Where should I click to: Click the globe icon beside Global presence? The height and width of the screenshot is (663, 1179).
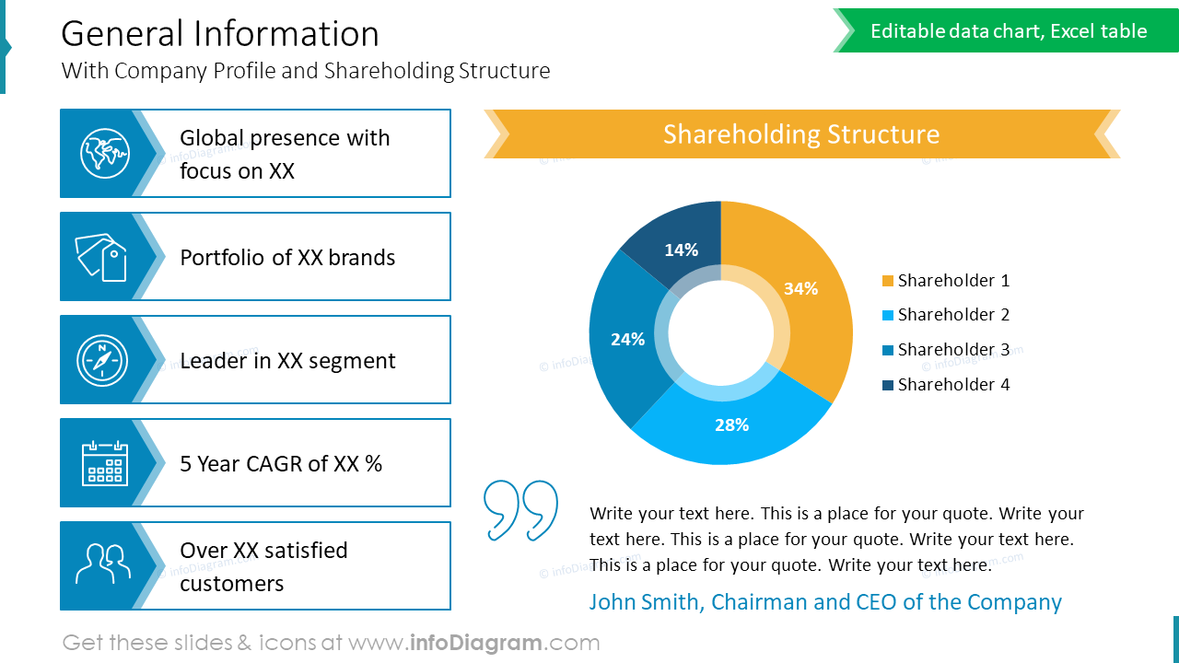(104, 153)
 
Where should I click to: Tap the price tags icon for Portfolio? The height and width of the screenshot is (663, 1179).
(100, 256)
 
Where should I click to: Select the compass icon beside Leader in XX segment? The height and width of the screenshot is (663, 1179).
(102, 359)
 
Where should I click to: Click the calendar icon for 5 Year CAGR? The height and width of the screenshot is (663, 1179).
(105, 463)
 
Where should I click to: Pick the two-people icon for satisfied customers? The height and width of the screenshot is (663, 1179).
(100, 565)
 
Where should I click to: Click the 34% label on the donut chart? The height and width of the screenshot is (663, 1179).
(800, 288)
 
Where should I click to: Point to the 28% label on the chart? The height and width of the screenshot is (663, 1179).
(731, 425)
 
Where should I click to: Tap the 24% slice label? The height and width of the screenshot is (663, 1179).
(627, 339)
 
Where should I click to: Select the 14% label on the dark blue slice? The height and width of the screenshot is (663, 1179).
(681, 250)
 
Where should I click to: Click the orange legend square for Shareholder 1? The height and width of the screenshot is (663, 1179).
(888, 281)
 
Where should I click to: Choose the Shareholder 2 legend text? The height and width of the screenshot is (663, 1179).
(953, 315)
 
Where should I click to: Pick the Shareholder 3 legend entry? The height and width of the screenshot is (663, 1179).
(953, 350)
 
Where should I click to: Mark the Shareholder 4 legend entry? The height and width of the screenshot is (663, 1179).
(953, 385)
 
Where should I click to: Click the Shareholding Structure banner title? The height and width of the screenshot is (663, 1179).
(801, 134)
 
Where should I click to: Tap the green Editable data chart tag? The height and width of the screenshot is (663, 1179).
(1009, 31)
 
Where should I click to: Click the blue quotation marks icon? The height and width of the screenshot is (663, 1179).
(520, 509)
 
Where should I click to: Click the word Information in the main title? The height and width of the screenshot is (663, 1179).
(287, 34)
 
